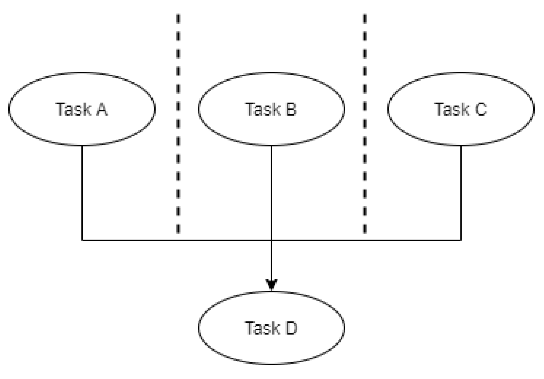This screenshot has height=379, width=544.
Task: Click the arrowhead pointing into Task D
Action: click(x=271, y=284)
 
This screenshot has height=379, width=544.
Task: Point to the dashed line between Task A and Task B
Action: click(x=178, y=123)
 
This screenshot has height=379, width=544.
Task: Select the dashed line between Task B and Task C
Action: click(x=365, y=123)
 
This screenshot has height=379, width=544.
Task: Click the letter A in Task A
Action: click(x=102, y=109)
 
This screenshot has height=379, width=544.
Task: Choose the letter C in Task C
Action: click(x=481, y=109)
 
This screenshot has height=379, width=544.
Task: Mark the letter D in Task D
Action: click(x=291, y=328)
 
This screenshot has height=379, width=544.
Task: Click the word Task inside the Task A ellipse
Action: click(x=73, y=109)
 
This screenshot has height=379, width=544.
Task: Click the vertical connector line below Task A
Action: click(x=82, y=193)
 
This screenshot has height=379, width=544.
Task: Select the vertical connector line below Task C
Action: click(x=461, y=193)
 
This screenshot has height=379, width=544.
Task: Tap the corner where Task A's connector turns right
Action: click(x=82, y=240)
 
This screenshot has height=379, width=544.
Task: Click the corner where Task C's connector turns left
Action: click(x=461, y=240)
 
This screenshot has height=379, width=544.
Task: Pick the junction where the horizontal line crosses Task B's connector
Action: click(x=271, y=240)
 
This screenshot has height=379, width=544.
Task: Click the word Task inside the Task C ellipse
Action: click(x=452, y=109)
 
